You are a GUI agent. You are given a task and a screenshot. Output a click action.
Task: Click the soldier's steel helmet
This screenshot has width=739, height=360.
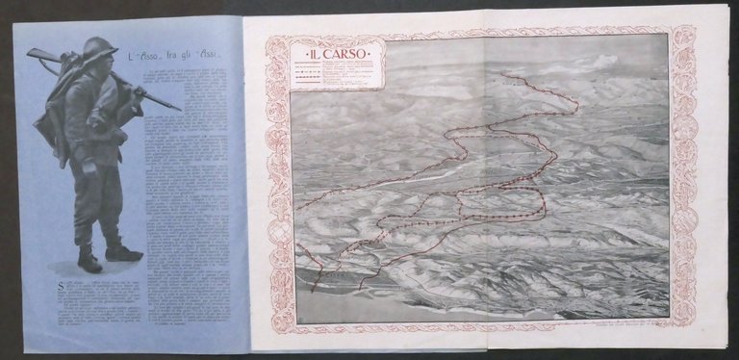[99, 48]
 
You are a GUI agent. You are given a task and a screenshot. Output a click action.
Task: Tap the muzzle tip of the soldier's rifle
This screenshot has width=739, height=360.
[179, 109]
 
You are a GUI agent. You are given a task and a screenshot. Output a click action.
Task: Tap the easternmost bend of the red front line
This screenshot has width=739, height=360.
[577, 102]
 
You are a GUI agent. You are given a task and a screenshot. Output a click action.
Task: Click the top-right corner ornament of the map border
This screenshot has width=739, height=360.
[684, 36]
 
